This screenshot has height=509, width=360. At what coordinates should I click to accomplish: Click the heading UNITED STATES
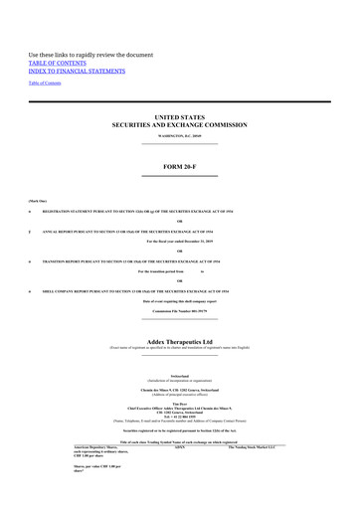[x=179, y=116]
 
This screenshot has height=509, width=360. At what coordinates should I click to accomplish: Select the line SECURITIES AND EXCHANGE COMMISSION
[x=179, y=124]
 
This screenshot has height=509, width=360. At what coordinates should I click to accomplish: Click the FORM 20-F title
[x=179, y=166]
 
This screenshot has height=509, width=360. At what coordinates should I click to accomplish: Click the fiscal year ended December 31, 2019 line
[x=179, y=242]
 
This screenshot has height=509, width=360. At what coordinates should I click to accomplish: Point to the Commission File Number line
[x=179, y=311]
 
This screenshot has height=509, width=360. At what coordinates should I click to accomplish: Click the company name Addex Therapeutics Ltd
[x=179, y=341]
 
